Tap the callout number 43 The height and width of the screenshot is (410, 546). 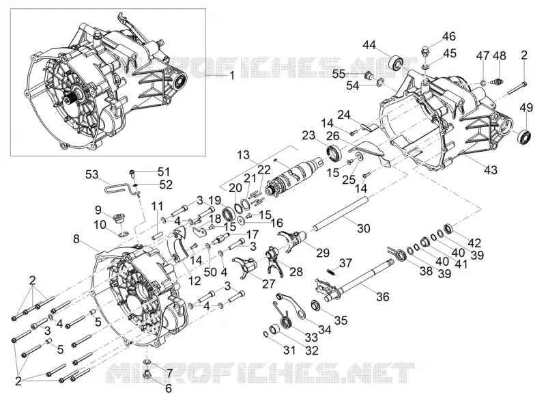491,169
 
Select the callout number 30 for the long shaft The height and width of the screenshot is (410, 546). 363,229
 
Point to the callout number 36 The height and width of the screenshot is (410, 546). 383,297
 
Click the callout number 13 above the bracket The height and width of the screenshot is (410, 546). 244,155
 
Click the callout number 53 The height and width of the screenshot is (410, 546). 92,174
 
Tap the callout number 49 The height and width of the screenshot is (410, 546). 526,108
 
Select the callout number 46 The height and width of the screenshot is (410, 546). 449,36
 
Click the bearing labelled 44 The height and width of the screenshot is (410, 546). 395,62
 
